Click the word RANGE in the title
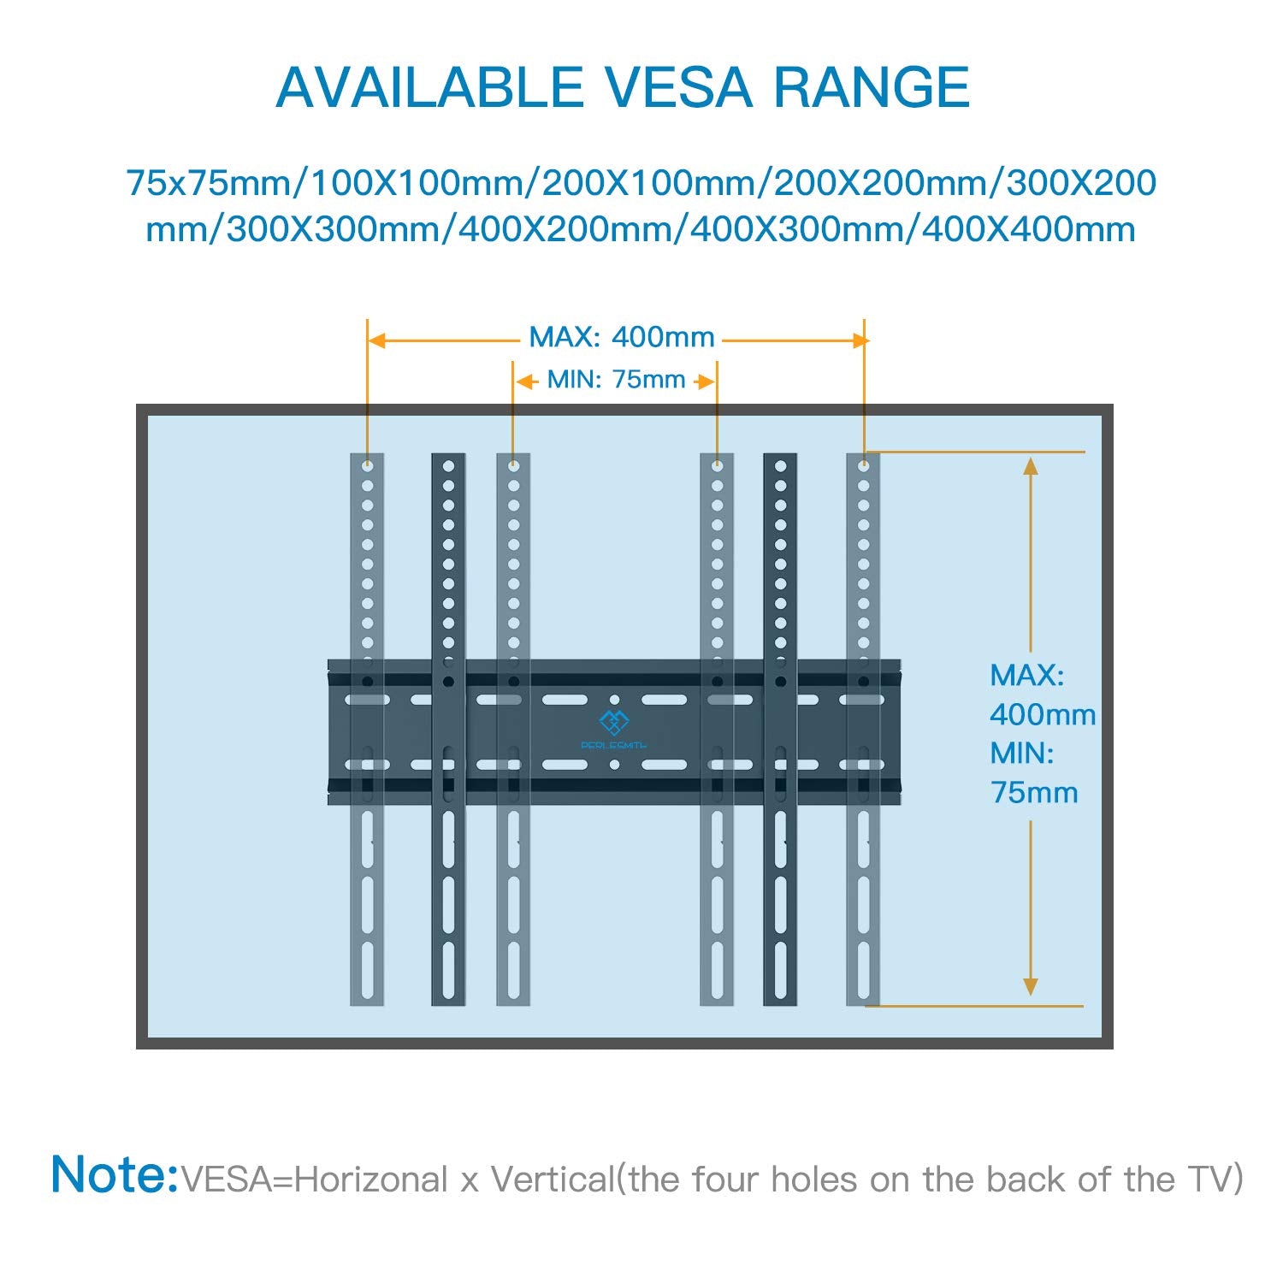pyautogui.click(x=872, y=87)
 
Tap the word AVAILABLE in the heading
pyautogui.click(x=429, y=87)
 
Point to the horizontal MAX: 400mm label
pyautogui.click(x=622, y=337)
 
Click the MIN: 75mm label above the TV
pyautogui.click(x=616, y=379)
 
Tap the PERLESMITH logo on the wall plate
pyautogui.click(x=613, y=728)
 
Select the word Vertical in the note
pyautogui.click(x=553, y=1180)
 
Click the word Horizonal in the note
pyautogui.click(x=373, y=1180)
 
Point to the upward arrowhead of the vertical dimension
pyautogui.click(x=1031, y=466)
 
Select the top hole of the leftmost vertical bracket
pyautogui.click(x=367, y=466)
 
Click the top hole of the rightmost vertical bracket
pyautogui.click(x=863, y=466)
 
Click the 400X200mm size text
pyautogui.click(x=567, y=229)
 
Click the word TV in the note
pyautogui.click(x=1214, y=1180)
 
